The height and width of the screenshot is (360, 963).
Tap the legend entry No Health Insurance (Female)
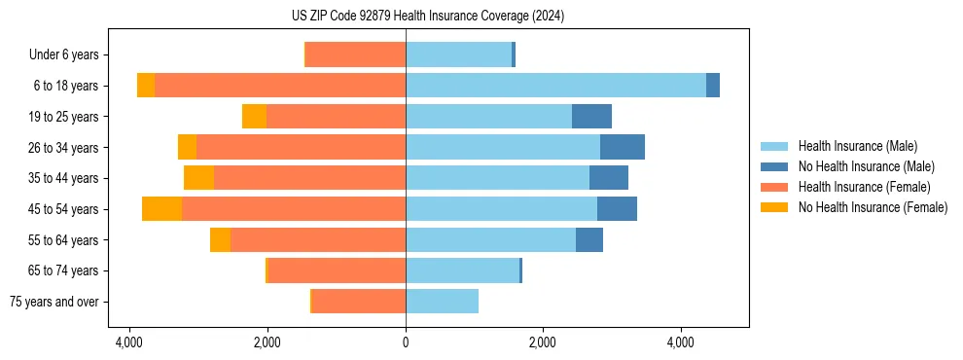tap(873, 207)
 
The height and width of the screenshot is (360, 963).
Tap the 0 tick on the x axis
tap(406, 342)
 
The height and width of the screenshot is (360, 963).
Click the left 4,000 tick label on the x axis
tap(129, 342)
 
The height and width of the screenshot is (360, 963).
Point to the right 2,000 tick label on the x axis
tap(543, 342)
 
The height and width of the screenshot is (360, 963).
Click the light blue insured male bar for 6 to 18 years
tap(555, 86)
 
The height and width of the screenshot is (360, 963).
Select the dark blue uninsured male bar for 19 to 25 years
tap(591, 117)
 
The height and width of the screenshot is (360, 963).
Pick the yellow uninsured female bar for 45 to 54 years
tap(161, 209)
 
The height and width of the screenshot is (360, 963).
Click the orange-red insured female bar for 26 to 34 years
tap(301, 148)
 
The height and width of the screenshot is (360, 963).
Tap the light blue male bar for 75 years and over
tap(442, 302)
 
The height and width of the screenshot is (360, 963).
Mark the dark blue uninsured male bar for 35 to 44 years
tap(609, 178)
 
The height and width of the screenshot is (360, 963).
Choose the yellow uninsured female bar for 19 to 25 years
tap(254, 117)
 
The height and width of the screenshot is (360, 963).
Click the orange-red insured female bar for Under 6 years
tap(355, 55)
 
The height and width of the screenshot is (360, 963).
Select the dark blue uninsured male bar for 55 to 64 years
tap(589, 240)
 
